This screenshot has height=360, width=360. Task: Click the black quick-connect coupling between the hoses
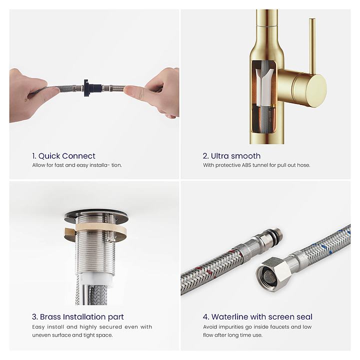click(x=91, y=88)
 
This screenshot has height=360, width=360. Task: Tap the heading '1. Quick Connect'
click(x=63, y=156)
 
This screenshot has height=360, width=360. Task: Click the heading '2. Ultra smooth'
click(x=231, y=156)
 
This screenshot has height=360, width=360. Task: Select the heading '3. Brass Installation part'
click(x=78, y=317)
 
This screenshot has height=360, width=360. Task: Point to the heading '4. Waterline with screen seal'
click(x=257, y=317)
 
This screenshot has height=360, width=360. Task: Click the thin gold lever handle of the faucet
click(x=312, y=46)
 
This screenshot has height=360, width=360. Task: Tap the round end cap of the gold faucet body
click(x=317, y=90)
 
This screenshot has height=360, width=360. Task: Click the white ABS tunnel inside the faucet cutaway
click(x=264, y=87)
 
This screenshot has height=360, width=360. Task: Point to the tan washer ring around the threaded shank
click(x=95, y=230)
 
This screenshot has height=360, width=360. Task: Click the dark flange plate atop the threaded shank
click(x=96, y=216)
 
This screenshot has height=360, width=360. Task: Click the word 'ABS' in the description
click(x=246, y=165)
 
